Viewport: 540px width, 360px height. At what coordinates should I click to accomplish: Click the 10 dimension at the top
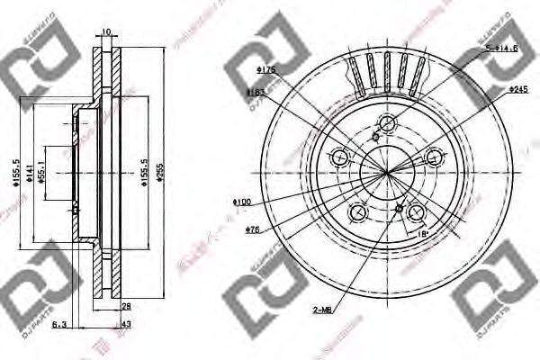[106, 31]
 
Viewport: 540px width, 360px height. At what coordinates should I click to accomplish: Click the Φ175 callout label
[265, 69]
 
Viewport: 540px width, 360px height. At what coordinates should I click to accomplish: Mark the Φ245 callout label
[517, 90]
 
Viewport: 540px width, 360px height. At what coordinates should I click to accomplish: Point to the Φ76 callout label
[253, 229]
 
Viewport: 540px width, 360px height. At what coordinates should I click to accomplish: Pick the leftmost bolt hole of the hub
[339, 158]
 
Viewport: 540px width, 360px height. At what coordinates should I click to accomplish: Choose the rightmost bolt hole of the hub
[436, 158]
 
